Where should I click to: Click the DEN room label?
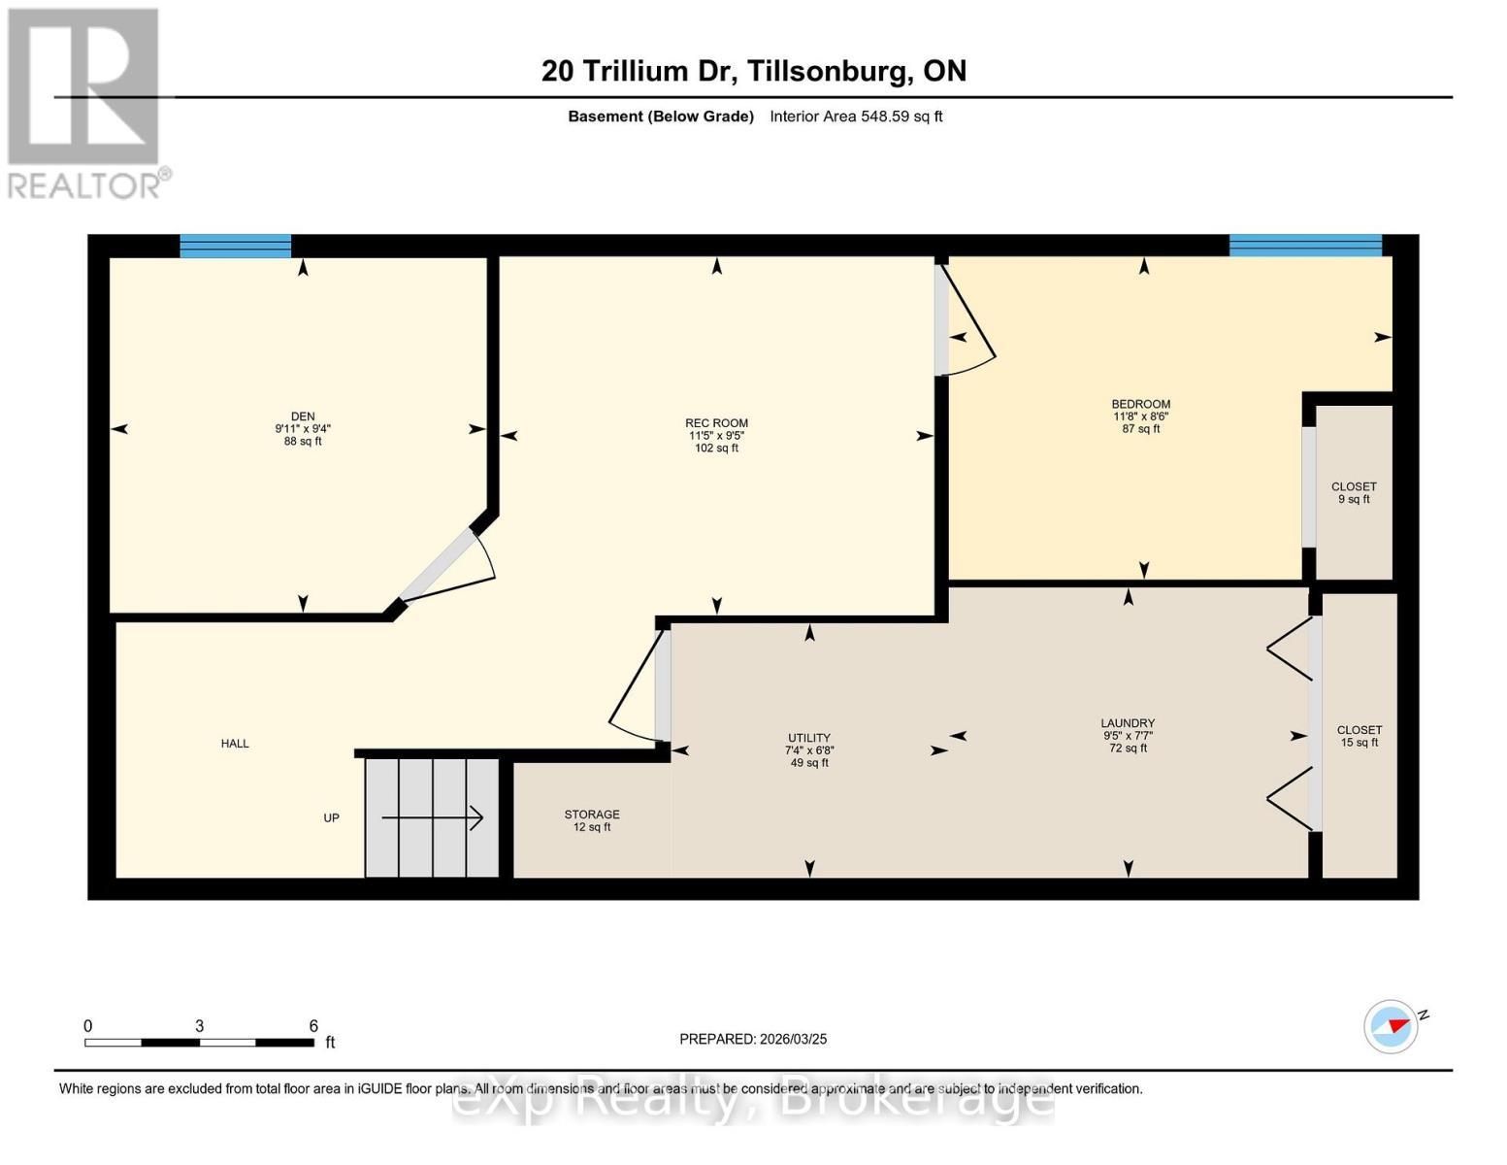(x=303, y=416)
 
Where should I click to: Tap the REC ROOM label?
(x=716, y=422)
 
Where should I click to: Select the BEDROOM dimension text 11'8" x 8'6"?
(x=1141, y=416)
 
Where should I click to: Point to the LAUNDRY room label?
(x=1129, y=722)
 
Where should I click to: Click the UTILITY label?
(x=809, y=738)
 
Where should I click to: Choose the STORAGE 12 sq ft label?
(x=592, y=820)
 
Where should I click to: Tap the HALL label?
(x=235, y=743)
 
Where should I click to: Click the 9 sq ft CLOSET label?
(x=1354, y=492)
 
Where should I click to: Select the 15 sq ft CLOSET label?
(x=1360, y=736)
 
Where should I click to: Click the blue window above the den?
(x=235, y=246)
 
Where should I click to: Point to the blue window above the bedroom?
(x=1306, y=246)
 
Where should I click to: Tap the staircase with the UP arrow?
(x=432, y=818)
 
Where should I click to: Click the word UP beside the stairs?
(x=332, y=818)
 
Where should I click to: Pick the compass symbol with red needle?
(x=1391, y=1026)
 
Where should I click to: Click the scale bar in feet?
(x=200, y=1042)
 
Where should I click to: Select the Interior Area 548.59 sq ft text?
(x=856, y=116)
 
